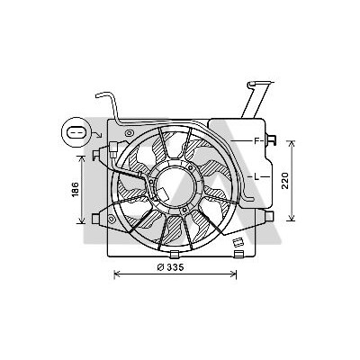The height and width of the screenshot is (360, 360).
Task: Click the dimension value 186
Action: [x=75, y=190]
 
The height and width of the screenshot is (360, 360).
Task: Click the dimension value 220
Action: [x=284, y=181]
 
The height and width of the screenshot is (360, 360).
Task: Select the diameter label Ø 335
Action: [x=170, y=267]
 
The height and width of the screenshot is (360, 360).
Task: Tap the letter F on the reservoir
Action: [x=256, y=140]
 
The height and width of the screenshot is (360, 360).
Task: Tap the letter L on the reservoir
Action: [x=256, y=177]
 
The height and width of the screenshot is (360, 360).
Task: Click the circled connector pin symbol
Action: [x=75, y=132]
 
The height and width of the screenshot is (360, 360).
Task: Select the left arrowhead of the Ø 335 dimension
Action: [x=117, y=274]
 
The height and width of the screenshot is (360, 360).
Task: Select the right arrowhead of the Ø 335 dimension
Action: [x=234, y=274]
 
